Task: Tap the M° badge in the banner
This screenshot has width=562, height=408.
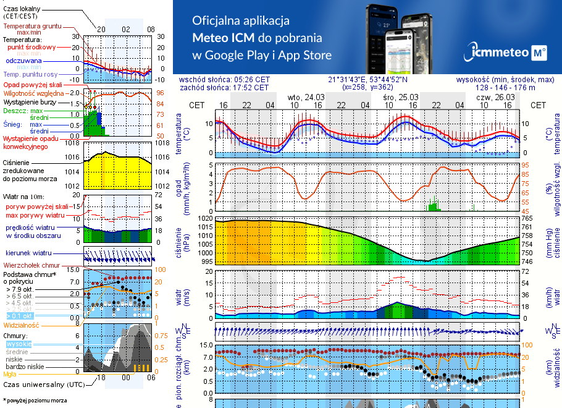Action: (539, 53)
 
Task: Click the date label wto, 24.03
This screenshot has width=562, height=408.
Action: (306, 98)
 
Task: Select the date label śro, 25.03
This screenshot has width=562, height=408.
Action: (401, 98)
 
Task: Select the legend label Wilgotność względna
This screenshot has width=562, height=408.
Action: (33, 92)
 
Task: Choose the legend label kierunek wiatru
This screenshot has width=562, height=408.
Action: (28, 253)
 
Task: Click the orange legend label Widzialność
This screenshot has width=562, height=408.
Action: (21, 324)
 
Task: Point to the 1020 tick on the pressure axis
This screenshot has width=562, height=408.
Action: (205, 218)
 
